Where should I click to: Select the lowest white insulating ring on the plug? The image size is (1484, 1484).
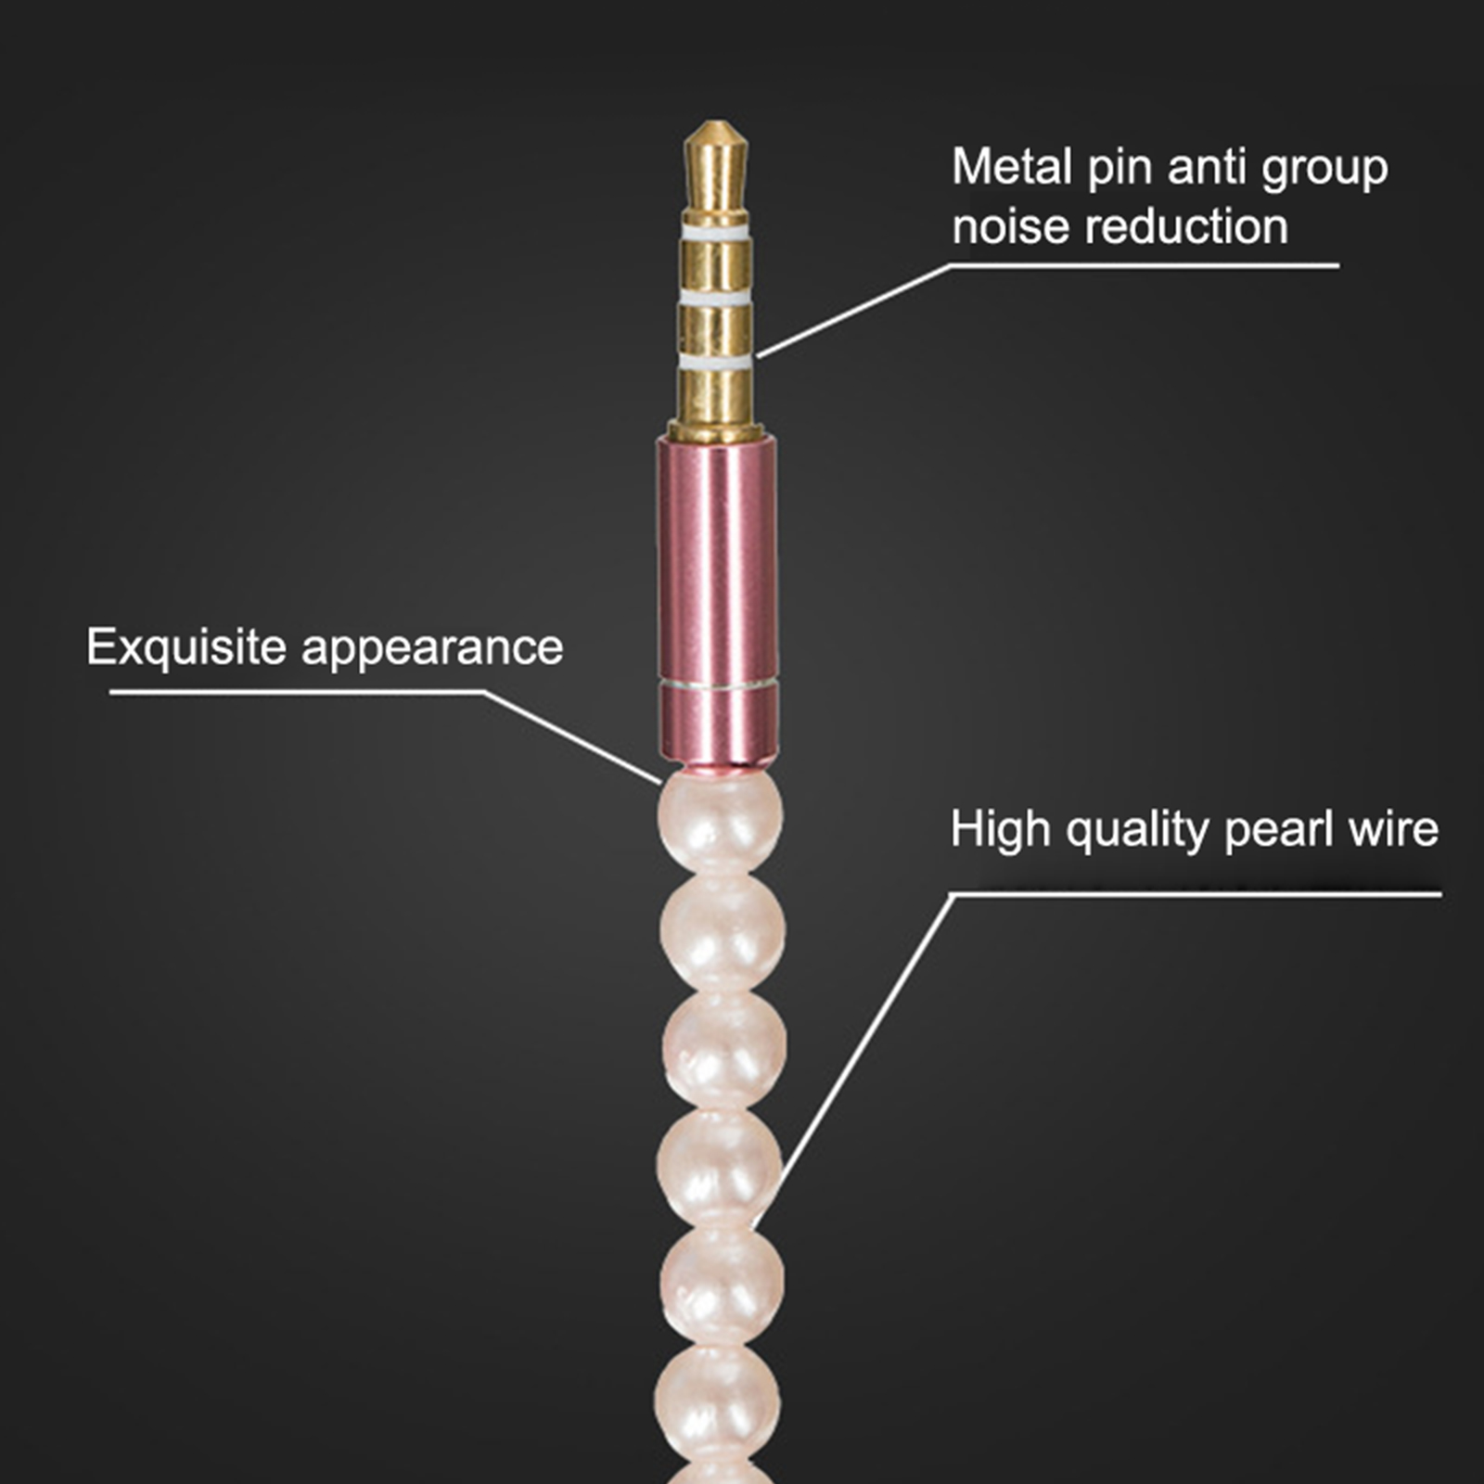715,360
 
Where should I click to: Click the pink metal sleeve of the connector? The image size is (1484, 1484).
717,603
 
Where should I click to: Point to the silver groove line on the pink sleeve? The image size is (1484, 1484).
717,686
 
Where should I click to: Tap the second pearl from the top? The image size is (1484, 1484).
722,932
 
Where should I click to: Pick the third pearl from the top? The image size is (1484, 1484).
723,1051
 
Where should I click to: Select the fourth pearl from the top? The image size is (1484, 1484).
720,1167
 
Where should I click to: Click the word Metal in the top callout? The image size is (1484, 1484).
1012,167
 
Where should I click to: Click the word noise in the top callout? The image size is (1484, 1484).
1011,227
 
